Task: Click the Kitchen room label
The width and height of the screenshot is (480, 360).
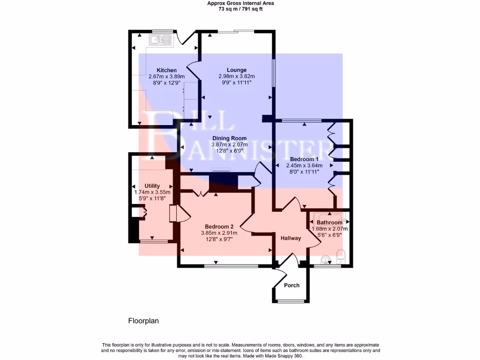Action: pos(166,70)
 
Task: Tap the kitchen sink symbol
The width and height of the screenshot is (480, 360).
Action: pos(160,40)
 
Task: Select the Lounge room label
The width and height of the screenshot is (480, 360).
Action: pos(236,70)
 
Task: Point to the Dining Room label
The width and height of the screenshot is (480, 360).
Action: pos(229,138)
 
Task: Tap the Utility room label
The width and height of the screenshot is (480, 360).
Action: pos(152,186)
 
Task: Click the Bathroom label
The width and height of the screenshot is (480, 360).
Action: pos(329,222)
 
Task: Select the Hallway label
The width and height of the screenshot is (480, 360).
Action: pos(291,238)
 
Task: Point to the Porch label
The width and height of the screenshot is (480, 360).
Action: pos(291,285)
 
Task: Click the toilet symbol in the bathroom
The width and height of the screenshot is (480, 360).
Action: pos(341,255)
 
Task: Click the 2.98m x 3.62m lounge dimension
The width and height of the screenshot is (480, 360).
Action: pos(236,76)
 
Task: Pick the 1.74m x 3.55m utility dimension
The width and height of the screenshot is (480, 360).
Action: pos(152,192)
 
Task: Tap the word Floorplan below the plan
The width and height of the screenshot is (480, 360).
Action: pos(143,321)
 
